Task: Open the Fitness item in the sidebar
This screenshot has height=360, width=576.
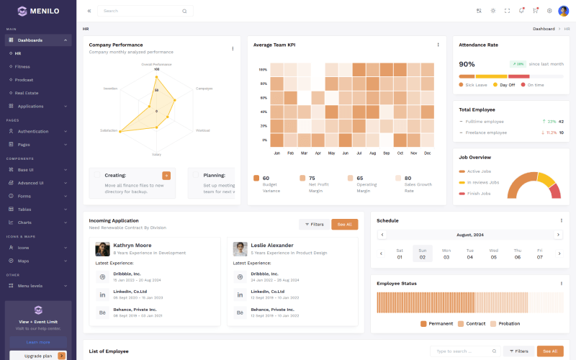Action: tap(22, 66)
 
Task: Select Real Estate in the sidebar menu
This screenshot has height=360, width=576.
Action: tap(27, 93)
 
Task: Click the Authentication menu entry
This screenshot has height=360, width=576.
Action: tap(33, 131)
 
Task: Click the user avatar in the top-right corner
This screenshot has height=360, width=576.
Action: tap(563, 11)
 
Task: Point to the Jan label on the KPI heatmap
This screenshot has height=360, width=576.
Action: tap(276, 153)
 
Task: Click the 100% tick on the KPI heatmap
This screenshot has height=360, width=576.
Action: tap(263, 70)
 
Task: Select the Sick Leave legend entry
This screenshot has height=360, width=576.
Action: tap(476, 85)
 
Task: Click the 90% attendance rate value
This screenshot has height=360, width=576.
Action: tap(467, 64)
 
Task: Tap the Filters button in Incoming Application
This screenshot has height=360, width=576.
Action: tap(314, 224)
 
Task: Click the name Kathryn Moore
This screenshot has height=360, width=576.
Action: tap(132, 246)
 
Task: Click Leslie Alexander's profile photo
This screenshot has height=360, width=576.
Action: tap(240, 249)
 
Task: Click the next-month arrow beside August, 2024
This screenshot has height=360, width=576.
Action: tap(558, 235)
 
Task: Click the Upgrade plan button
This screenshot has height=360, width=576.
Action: tap(39, 356)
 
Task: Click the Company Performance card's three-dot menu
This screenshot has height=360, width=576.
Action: tap(233, 48)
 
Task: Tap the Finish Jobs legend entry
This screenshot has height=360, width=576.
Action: tap(478, 193)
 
